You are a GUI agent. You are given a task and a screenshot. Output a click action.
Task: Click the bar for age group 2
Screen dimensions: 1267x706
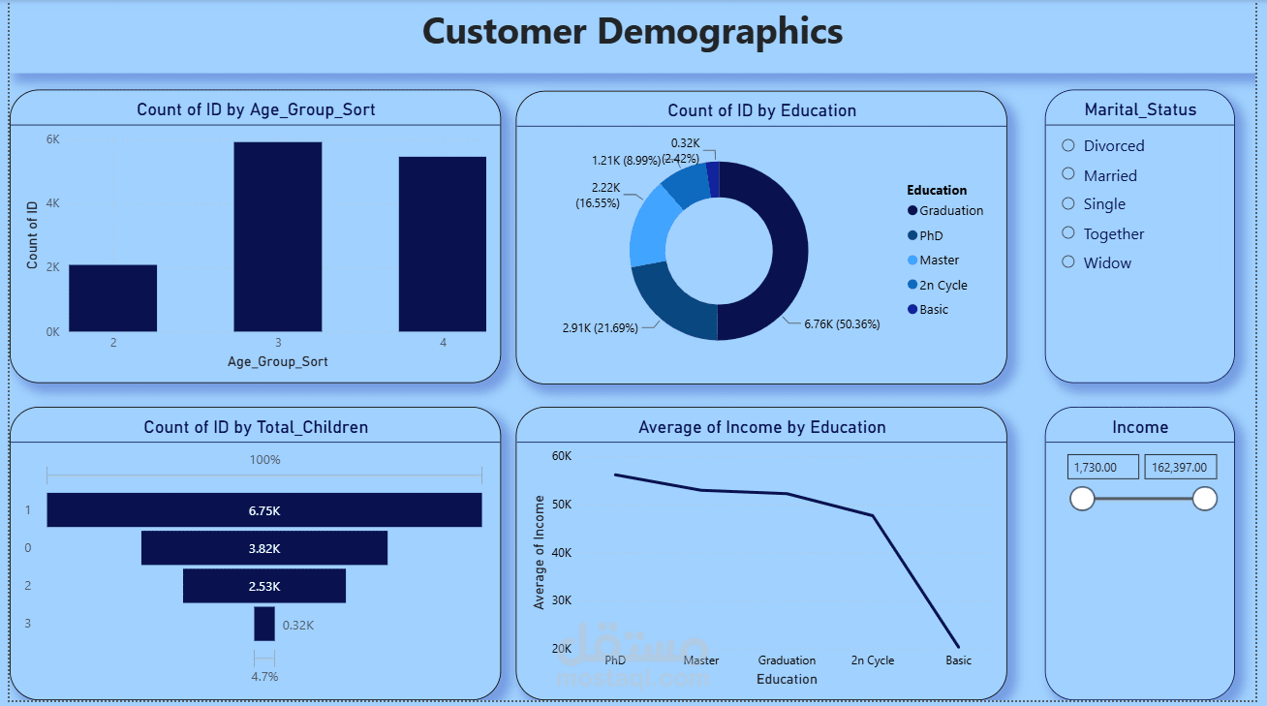(113, 298)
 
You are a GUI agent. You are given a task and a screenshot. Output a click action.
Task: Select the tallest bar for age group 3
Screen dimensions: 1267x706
(278, 236)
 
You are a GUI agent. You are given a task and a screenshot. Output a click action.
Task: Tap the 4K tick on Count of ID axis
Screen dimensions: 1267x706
(52, 203)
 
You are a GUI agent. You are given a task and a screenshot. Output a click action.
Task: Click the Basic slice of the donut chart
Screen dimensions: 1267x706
(714, 179)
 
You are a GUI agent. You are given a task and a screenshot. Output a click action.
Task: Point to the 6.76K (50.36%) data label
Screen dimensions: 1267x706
(842, 324)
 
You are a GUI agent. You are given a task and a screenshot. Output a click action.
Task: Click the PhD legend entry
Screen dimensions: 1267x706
(925, 235)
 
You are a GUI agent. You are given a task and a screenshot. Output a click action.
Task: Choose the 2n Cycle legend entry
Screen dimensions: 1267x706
(938, 285)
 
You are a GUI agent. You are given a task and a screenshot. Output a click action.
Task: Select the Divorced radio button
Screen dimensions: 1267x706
(1067, 145)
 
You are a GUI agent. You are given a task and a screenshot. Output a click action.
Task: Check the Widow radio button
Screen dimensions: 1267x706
(1067, 261)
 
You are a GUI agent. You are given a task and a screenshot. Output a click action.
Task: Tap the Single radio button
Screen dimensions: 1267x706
(1067, 203)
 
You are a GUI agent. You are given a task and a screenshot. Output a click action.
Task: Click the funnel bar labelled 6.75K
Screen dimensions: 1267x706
(264, 510)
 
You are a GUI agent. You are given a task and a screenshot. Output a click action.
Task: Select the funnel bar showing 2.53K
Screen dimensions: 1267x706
(264, 586)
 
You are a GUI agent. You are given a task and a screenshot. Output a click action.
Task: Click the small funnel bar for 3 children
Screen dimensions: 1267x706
(264, 624)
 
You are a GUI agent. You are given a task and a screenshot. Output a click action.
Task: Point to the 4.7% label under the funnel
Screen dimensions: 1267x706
(264, 677)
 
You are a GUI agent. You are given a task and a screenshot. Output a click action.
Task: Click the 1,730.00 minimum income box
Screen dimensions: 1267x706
(1103, 467)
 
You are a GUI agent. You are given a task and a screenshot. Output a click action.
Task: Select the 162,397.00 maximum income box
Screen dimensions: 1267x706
(1181, 467)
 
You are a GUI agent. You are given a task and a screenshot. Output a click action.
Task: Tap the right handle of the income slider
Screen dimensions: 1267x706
(1205, 499)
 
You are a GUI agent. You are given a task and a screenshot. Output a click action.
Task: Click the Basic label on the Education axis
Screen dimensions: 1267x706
(958, 660)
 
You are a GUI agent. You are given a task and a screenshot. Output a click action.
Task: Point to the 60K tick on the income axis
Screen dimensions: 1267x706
(562, 456)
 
